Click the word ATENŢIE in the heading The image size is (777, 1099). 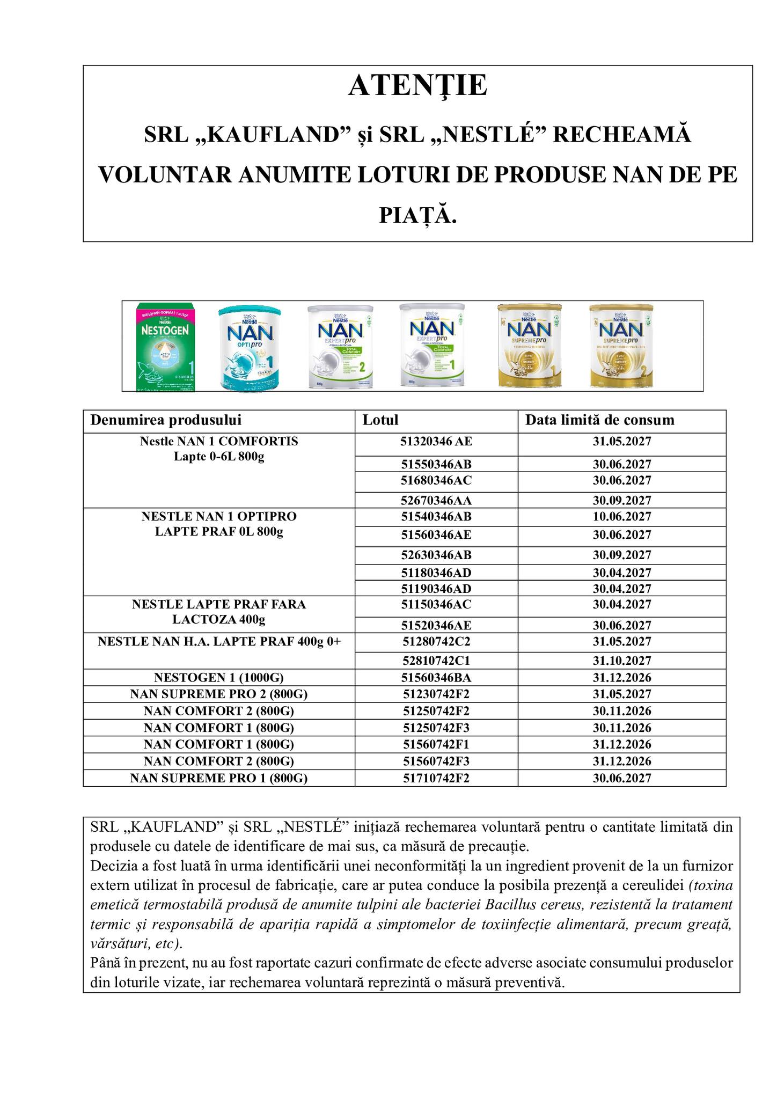(x=417, y=86)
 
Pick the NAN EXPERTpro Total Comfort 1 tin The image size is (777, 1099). (x=433, y=346)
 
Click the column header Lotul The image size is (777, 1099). (x=380, y=420)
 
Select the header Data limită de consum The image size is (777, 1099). (x=599, y=420)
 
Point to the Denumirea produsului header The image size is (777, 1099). (x=166, y=420)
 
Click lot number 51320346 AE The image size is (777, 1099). (x=436, y=442)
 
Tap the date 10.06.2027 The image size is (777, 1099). (x=622, y=517)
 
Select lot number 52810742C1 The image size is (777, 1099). (x=436, y=661)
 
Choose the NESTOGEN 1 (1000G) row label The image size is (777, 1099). (x=219, y=678)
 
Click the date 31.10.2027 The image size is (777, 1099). (x=622, y=661)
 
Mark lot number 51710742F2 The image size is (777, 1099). (x=436, y=778)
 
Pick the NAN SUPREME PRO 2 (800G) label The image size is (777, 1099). (x=219, y=694)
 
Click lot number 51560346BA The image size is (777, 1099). (x=436, y=678)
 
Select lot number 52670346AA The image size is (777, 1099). (x=436, y=501)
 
